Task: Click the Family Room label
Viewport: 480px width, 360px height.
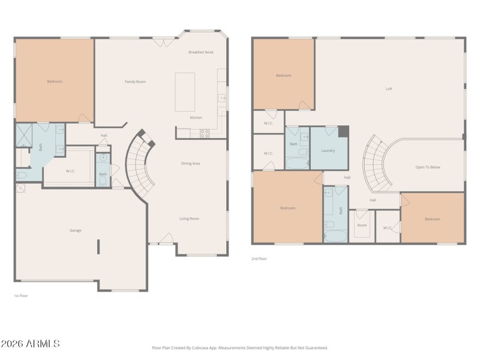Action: point(135,82)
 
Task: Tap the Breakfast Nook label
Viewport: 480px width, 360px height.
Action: point(200,52)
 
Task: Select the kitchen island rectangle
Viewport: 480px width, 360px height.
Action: point(185,92)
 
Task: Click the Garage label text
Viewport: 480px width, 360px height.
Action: point(76,230)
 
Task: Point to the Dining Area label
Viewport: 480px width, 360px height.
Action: point(190,163)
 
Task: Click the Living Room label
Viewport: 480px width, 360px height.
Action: point(189,218)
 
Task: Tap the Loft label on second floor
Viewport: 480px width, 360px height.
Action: point(389,89)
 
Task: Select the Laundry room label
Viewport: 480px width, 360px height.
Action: point(328,151)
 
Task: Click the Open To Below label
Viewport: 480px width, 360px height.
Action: point(428,167)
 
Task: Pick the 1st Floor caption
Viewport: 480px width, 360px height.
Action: point(21,296)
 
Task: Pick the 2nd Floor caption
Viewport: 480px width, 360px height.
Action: point(259,259)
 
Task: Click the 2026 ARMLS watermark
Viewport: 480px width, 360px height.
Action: point(30,344)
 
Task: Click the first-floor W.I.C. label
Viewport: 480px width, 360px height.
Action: point(70,171)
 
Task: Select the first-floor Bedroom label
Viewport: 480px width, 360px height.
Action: point(55,82)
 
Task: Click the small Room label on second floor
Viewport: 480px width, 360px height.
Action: point(362,225)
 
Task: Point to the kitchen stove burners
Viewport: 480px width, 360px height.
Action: point(204,134)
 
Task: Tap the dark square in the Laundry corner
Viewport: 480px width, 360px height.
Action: point(343,131)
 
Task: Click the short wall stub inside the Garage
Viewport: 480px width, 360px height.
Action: point(99,247)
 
